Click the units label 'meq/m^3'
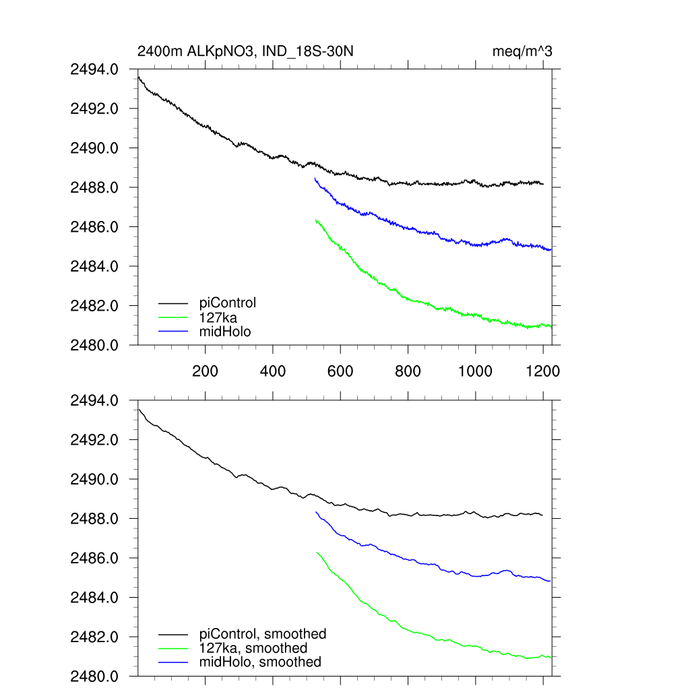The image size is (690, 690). pyautogui.click(x=523, y=51)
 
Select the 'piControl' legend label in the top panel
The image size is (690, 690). pyautogui.click(x=228, y=303)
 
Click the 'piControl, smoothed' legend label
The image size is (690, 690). pyautogui.click(x=263, y=633)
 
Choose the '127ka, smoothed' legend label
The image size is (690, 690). pyautogui.click(x=253, y=648)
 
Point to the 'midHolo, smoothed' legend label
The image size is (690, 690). pyautogui.click(x=260, y=662)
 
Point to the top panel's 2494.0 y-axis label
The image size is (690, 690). pyautogui.click(x=94, y=69)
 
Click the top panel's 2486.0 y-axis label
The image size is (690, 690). pyautogui.click(x=94, y=227)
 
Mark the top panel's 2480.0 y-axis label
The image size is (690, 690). pyautogui.click(x=94, y=345)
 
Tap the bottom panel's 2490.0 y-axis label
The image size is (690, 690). pyautogui.click(x=94, y=479)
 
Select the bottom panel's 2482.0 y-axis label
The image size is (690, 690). pyautogui.click(x=94, y=637)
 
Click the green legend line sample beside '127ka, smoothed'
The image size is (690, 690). pyautogui.click(x=173, y=648)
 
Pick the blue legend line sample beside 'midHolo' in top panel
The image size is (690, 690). pyautogui.click(x=173, y=331)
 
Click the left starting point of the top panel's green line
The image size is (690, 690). pyautogui.click(x=315, y=220)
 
